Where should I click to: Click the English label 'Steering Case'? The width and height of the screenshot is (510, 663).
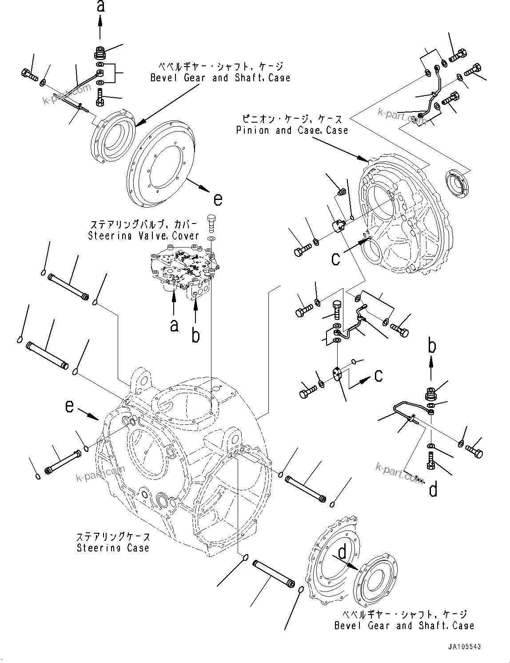tap(113, 548)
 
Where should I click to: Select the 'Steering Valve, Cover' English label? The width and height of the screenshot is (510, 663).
tap(143, 236)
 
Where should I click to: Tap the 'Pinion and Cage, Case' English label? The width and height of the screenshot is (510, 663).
tap(292, 130)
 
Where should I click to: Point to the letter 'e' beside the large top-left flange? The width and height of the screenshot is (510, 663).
tap(218, 200)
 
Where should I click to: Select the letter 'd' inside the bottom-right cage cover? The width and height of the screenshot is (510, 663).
tap(342, 552)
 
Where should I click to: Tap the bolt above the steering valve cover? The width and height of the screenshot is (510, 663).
tap(211, 222)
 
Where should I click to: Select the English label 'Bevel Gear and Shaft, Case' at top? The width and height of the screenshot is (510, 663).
tap(220, 78)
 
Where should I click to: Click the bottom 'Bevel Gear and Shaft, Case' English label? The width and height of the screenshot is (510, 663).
tap(404, 626)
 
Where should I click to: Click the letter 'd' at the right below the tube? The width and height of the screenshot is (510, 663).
tap(433, 489)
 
